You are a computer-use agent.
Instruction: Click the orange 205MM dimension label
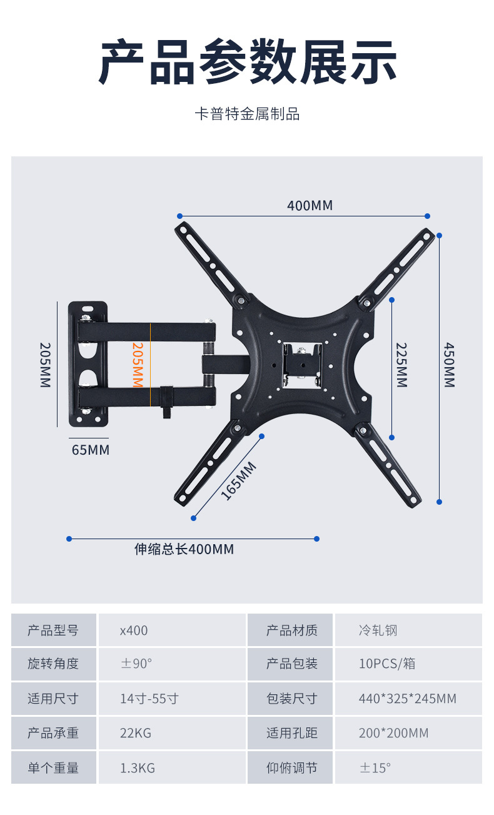138,365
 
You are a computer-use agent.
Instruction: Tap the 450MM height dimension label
449,365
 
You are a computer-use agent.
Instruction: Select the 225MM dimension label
401,365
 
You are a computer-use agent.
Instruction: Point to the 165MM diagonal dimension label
238,480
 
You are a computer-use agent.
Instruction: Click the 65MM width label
90,450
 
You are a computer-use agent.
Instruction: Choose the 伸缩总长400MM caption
184,549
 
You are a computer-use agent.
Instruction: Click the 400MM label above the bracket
310,205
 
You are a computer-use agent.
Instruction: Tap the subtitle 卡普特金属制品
247,114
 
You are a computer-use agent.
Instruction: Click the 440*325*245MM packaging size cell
408,699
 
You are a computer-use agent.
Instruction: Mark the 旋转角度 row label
53,664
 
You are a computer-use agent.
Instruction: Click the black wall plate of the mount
88,365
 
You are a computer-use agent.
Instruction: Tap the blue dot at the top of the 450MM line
440,236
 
